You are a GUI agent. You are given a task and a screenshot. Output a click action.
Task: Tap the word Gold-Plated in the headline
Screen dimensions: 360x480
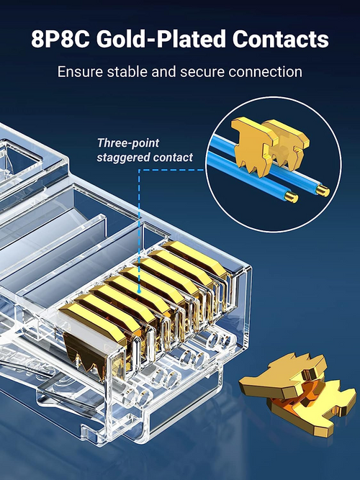161,39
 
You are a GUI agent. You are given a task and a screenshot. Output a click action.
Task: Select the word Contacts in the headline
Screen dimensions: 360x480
280,39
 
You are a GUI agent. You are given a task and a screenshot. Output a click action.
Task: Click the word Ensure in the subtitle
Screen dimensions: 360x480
80,72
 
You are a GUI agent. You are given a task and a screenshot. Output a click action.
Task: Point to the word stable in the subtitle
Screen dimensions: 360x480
127,72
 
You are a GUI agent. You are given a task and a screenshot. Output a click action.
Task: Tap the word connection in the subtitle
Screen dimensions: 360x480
265,72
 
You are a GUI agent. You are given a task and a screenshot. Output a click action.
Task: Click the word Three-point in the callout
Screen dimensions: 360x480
128,143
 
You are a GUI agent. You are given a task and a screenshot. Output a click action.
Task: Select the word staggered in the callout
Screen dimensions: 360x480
123,158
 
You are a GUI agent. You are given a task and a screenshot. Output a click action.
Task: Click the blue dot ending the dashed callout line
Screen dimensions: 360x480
139,291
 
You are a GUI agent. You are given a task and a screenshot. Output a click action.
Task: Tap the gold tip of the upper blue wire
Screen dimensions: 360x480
323,191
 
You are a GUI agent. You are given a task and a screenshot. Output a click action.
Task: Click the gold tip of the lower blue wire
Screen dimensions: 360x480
292,197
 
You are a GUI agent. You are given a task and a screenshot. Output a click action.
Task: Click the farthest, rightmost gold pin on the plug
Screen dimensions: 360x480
196,257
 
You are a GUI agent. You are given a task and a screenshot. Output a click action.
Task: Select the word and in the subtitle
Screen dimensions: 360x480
163,72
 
